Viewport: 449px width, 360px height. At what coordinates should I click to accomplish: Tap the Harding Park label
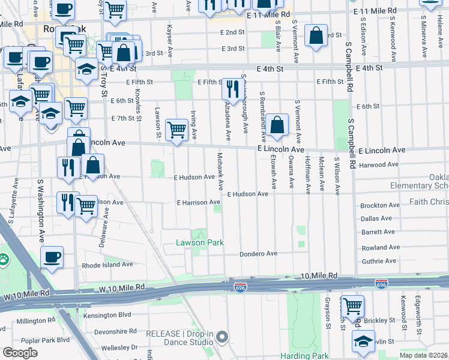304,356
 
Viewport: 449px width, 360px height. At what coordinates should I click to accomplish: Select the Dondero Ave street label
259,254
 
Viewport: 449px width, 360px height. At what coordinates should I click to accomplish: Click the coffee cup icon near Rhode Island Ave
52,257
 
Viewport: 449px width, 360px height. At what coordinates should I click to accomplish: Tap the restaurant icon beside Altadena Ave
231,89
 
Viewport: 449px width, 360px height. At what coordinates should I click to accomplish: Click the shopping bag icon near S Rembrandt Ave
277,125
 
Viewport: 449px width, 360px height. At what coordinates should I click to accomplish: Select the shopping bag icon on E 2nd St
315,35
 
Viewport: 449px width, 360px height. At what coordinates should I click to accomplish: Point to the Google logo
20,353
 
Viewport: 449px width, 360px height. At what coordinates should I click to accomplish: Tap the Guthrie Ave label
379,261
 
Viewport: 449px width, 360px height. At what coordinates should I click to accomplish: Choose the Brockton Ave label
380,206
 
